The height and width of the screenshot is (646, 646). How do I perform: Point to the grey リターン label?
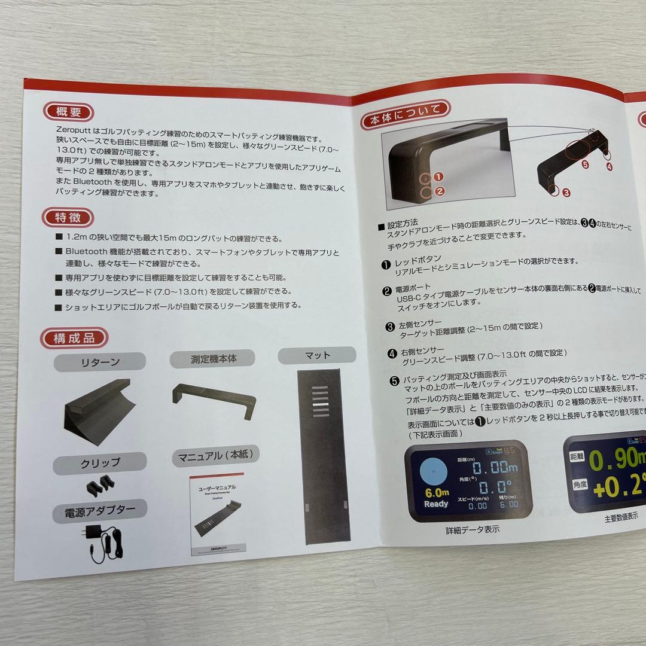point(100,362)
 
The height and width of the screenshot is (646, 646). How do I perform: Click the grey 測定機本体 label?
point(213,359)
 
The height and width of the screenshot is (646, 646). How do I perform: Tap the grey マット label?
point(317,355)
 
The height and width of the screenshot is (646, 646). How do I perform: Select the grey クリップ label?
point(100,463)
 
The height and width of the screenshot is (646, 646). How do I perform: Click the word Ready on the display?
point(435,504)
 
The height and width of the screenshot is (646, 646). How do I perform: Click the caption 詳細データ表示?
point(473,529)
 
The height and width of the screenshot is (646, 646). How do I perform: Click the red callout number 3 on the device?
point(566,193)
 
